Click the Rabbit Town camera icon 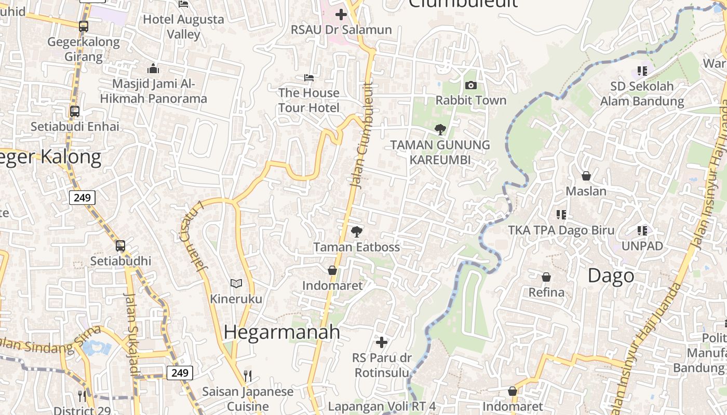[471, 85]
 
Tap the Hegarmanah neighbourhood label [282, 332]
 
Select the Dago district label [611, 276]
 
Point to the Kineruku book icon [236, 283]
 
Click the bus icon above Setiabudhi [120, 245]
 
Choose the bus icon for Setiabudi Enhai [75, 111]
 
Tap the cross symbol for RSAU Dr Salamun [341, 15]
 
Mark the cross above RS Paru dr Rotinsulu [382, 342]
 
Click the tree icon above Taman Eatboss [356, 231]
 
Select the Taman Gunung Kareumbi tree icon [440, 129]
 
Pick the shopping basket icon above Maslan [586, 176]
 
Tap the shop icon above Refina [546, 277]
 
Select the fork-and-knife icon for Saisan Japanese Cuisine [248, 376]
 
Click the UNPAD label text [642, 246]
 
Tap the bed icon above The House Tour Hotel [309, 78]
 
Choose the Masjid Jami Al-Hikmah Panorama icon [153, 68]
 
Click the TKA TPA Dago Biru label [561, 230]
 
